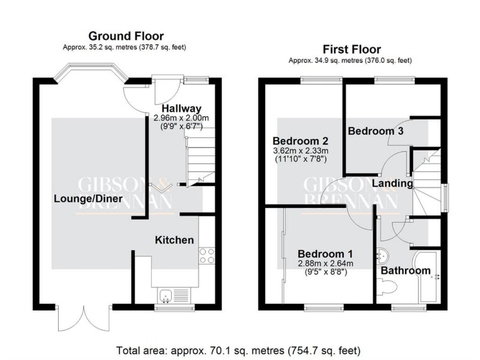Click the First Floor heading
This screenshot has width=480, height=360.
point(351,49)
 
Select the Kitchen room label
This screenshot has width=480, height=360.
point(174,240)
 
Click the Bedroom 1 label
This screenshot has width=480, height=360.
point(325,254)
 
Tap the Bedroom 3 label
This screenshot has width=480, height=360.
point(375,131)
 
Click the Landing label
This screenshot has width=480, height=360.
point(392,184)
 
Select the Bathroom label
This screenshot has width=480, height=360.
point(406,271)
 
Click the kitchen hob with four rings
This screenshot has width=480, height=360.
point(206,256)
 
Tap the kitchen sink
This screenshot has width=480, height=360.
point(166,296)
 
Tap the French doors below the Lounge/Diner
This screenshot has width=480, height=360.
point(76,319)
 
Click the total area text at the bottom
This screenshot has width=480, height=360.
point(238,350)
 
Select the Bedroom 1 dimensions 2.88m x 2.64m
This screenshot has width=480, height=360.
point(325,268)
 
